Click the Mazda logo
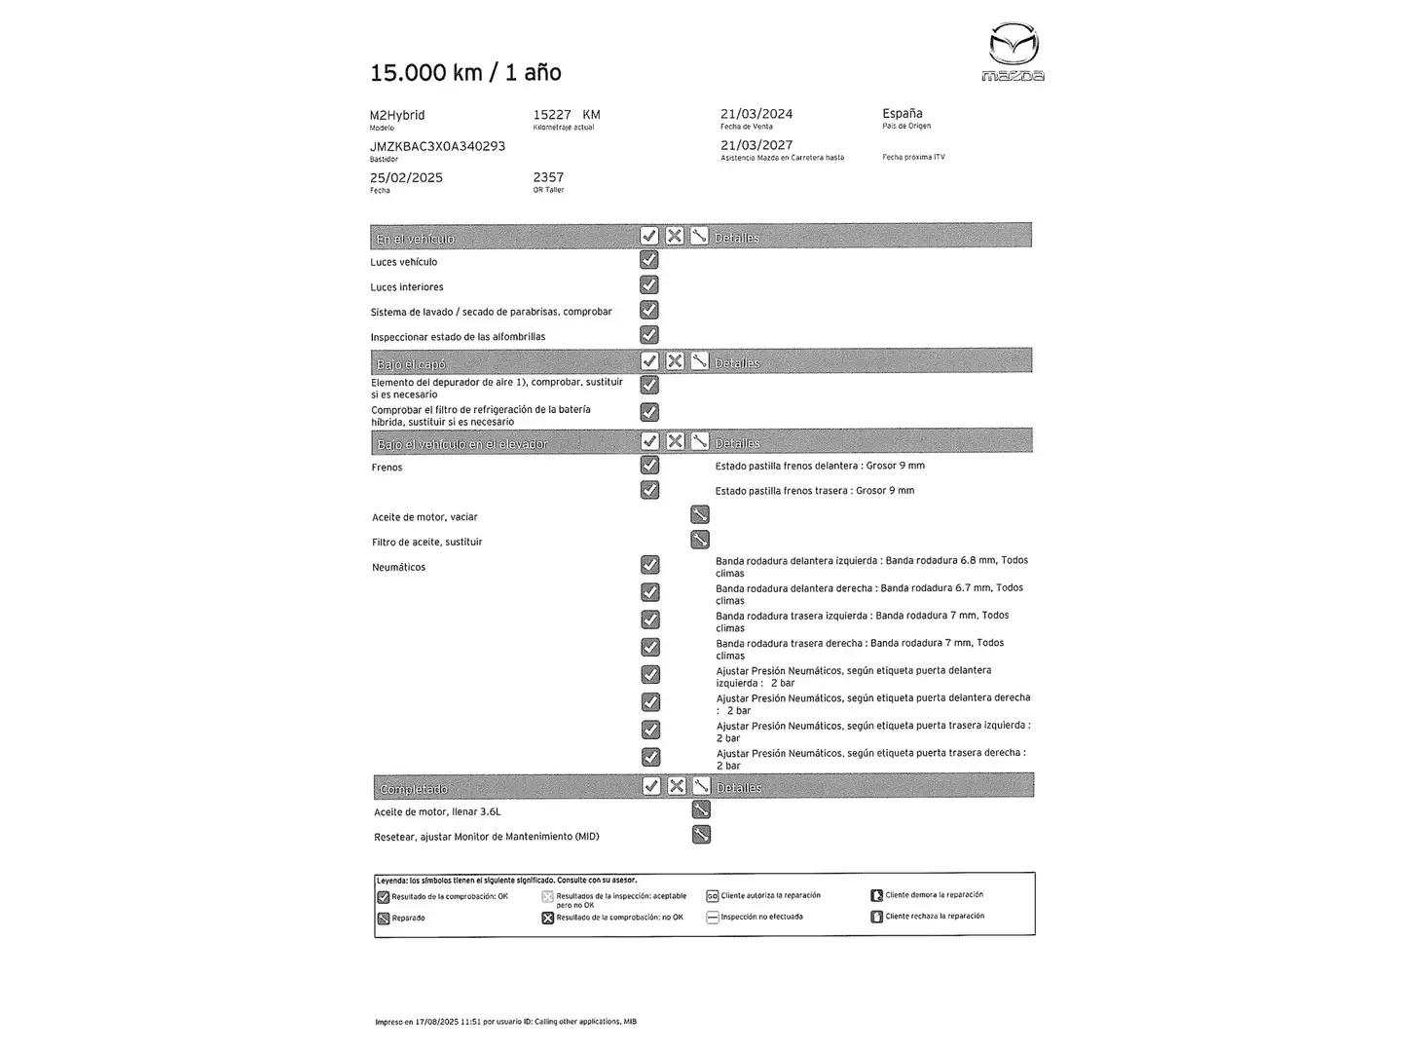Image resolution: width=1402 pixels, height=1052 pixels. tap(1014, 51)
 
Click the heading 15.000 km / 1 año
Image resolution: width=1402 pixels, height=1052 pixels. tap(465, 72)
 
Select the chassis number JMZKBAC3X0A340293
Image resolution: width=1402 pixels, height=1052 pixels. tap(437, 146)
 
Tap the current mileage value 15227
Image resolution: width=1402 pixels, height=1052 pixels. tap(552, 114)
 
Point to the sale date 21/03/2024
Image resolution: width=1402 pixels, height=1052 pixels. tap(756, 114)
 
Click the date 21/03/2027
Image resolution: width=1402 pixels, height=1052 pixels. tap(756, 145)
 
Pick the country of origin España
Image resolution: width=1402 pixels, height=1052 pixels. tap(903, 113)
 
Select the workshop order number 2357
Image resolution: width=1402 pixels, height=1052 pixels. tap(548, 177)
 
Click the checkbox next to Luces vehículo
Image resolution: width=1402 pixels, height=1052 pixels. tap(649, 260)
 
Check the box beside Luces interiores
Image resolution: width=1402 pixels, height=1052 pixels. tap(649, 285)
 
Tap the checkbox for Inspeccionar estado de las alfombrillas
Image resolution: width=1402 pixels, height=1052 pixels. tap(649, 335)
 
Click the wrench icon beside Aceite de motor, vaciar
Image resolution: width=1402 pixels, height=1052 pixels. tap(699, 514)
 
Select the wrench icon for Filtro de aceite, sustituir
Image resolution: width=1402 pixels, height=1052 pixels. tap(699, 540)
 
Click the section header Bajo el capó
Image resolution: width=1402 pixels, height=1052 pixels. tap(411, 364)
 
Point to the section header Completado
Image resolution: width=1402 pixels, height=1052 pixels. tap(414, 789)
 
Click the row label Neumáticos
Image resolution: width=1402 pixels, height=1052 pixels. tap(398, 567)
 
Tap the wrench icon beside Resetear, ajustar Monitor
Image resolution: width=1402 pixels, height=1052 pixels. tap(701, 835)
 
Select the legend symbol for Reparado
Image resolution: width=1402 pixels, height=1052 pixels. tap(383, 918)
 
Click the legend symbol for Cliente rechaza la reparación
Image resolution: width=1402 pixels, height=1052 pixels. tap(876, 917)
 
